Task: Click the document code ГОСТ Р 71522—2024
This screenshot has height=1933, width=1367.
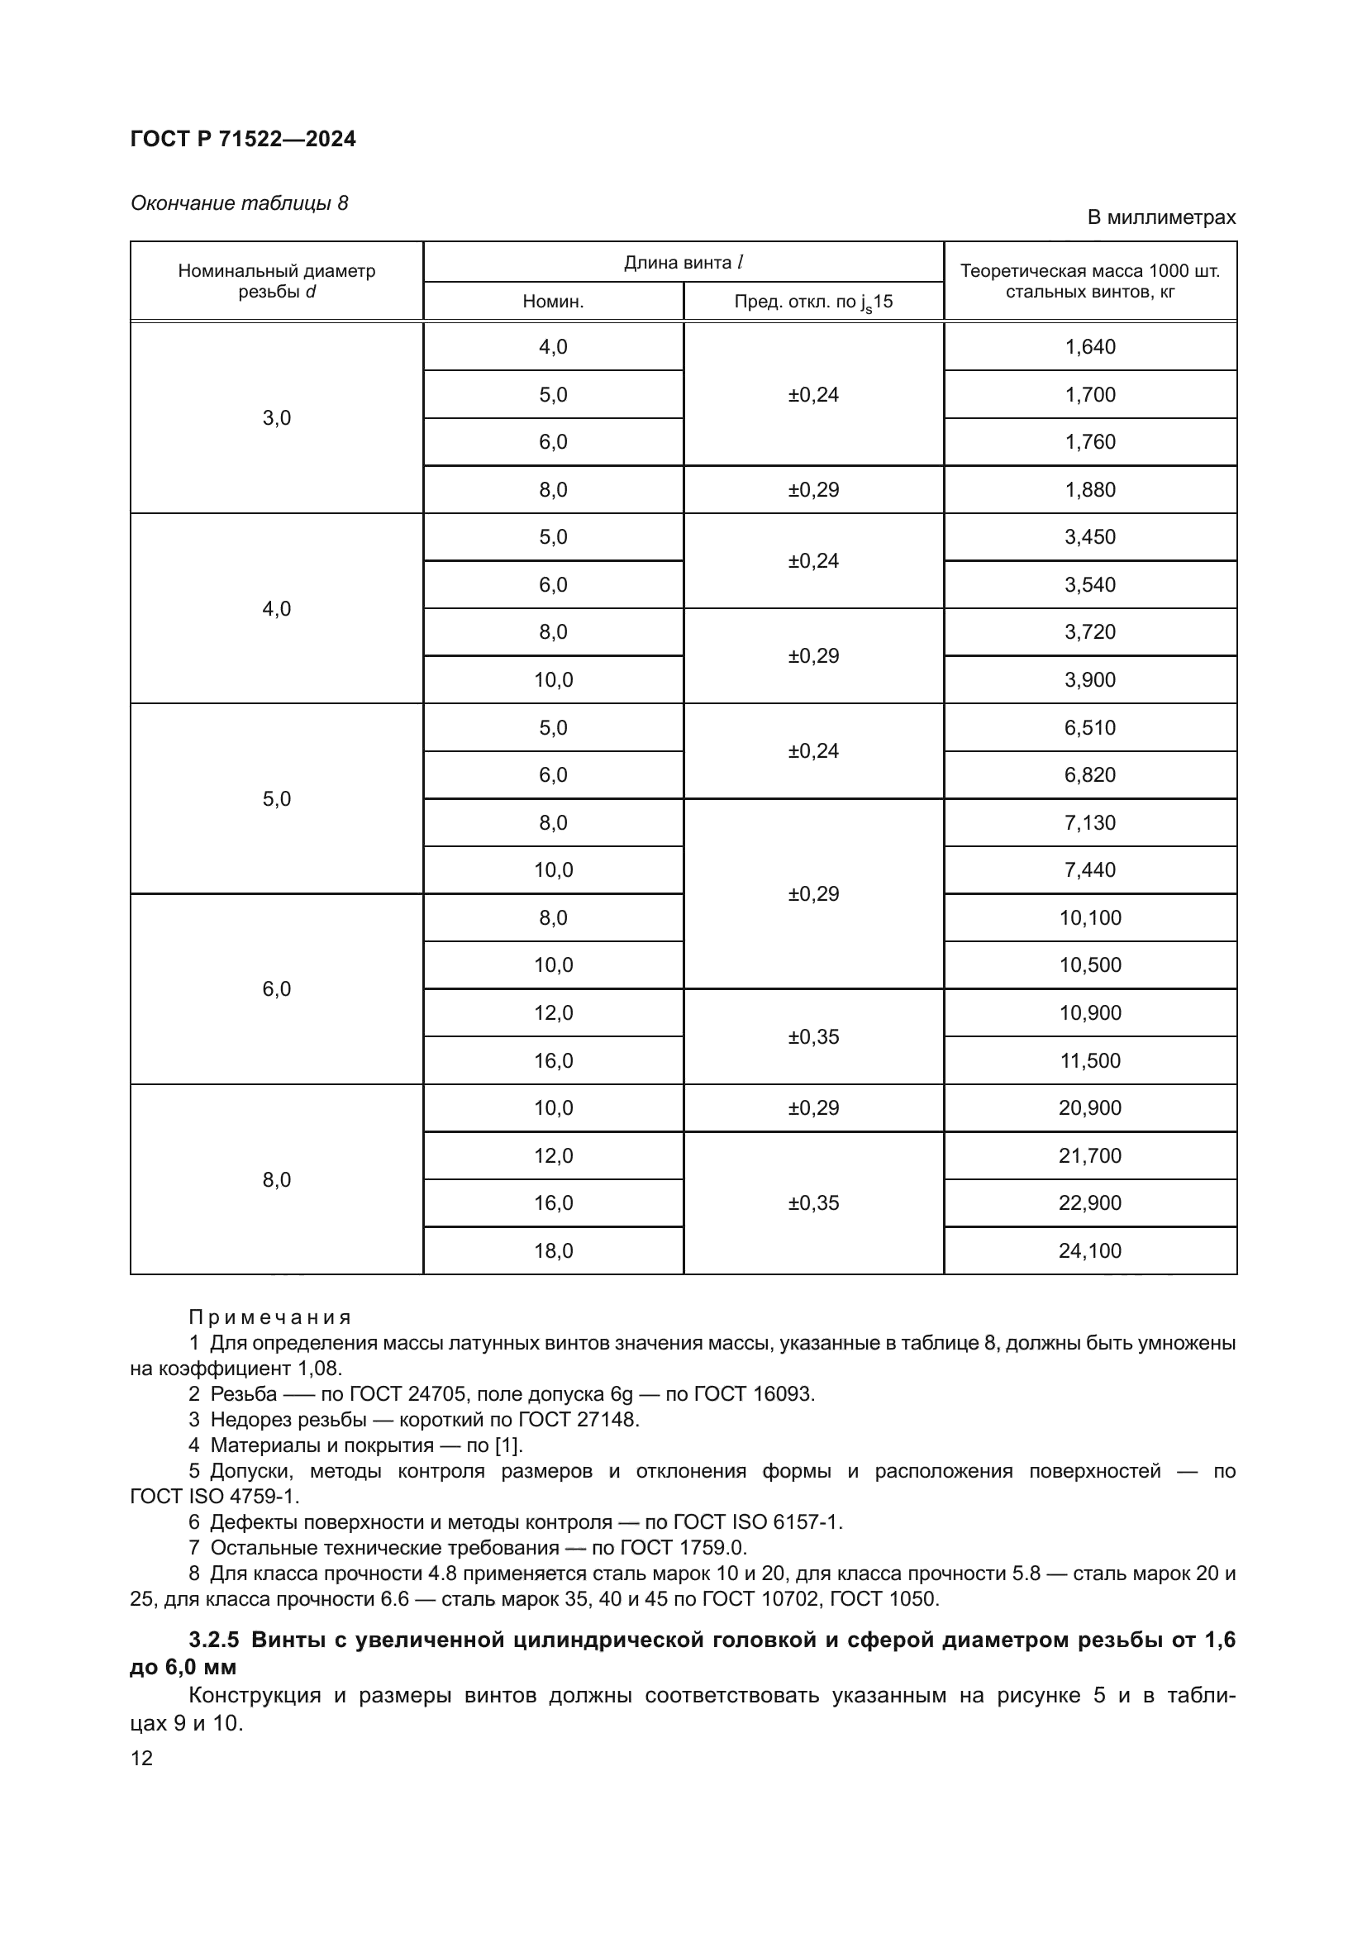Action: (243, 139)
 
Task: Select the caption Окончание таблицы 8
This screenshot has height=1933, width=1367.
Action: (239, 203)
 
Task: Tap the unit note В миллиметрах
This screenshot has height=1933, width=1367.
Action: (1160, 217)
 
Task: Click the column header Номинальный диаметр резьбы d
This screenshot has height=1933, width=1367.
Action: (276, 281)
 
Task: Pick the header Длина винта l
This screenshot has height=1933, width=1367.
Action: (683, 262)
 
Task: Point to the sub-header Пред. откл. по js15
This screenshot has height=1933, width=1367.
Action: (813, 302)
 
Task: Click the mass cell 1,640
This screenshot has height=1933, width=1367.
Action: (1089, 347)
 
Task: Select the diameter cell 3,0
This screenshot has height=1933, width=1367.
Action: (276, 417)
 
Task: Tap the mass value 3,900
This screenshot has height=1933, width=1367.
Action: (1089, 679)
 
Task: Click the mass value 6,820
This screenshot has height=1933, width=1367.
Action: (1089, 774)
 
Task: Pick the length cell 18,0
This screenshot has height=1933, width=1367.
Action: (553, 1250)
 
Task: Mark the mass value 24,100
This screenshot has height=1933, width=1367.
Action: (1089, 1250)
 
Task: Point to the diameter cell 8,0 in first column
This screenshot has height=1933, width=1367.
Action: (276, 1179)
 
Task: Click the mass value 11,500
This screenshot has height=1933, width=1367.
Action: (1089, 1060)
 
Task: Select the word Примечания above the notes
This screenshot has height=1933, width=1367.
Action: (269, 1316)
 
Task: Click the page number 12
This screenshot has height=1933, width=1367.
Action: (141, 1758)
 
